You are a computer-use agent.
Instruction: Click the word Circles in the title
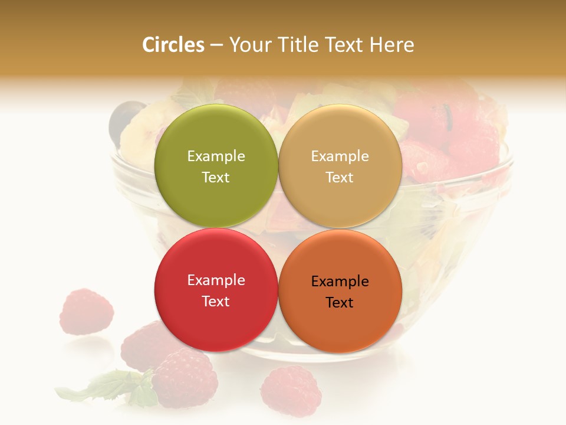click(173, 45)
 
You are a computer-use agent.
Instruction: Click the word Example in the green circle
click(216, 156)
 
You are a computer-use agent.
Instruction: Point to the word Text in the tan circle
click(340, 178)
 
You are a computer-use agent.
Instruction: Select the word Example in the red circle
click(216, 280)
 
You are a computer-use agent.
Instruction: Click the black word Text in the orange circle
click(340, 303)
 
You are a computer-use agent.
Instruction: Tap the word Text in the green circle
click(216, 178)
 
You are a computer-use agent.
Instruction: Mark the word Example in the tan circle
click(340, 156)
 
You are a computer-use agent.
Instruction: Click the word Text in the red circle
click(216, 302)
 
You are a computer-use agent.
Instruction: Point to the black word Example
click(340, 282)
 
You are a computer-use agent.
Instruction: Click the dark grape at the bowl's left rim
click(125, 115)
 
